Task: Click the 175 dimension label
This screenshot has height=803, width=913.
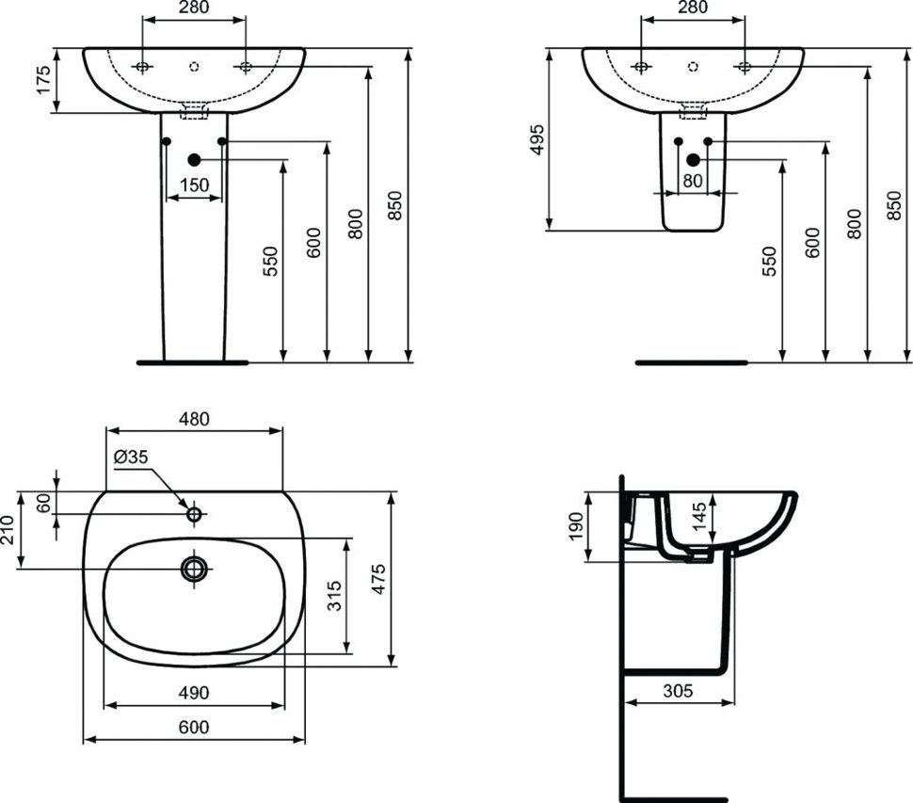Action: [43, 79]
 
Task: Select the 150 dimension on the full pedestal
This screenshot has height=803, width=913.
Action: [194, 185]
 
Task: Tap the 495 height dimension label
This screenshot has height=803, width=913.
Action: [537, 139]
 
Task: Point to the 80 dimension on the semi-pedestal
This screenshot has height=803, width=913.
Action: [693, 181]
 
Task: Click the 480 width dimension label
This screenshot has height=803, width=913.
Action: [194, 419]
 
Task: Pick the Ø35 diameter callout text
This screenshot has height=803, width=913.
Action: [131, 458]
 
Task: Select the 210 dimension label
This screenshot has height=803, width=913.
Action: [8, 529]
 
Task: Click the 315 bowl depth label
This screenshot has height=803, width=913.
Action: [334, 596]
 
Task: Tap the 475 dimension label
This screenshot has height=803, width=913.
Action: [378, 579]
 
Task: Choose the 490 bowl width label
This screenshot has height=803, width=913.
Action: [194, 693]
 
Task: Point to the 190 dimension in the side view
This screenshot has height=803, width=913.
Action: [576, 526]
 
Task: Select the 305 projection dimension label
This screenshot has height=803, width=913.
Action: [679, 691]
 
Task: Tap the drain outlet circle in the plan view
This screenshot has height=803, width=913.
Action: [195, 569]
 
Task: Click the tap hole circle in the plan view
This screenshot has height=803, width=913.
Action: [194, 514]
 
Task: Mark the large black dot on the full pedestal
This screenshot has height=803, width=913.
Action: [195, 159]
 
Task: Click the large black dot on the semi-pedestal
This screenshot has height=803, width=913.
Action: [693, 159]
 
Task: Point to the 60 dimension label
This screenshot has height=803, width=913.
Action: [43, 503]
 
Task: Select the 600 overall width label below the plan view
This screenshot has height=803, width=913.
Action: [194, 728]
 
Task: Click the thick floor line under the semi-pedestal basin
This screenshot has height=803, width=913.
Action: [691, 362]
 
